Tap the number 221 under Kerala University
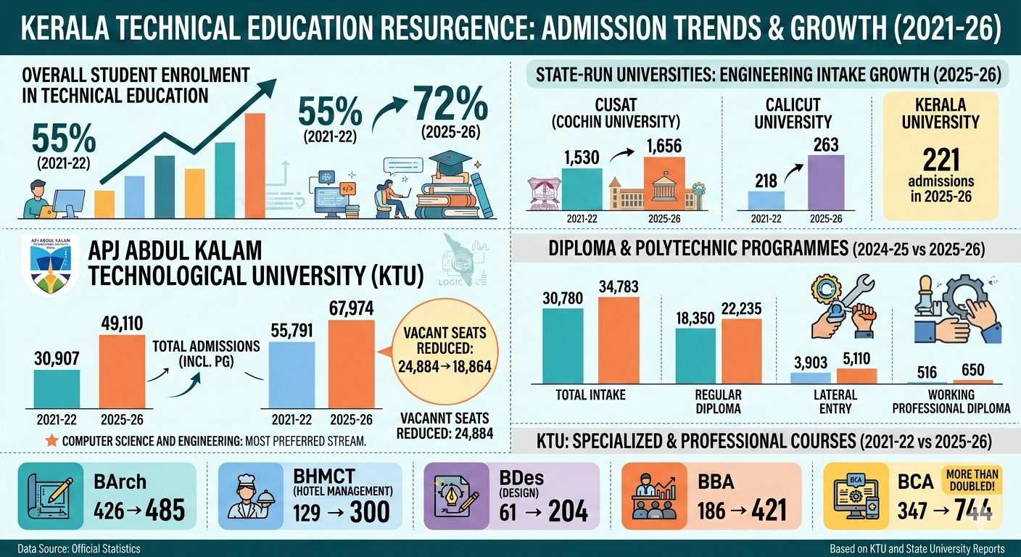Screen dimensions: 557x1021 tap(941, 159)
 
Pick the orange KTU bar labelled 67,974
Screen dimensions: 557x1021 tap(352, 365)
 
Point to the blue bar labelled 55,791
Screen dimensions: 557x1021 tap(292, 376)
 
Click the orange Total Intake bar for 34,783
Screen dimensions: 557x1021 tap(619, 340)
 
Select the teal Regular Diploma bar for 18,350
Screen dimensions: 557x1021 tap(695, 355)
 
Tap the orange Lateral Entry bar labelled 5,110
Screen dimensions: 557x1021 tap(856, 376)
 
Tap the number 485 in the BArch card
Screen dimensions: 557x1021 tap(165, 511)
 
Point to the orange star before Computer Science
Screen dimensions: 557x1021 tap(51, 440)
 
